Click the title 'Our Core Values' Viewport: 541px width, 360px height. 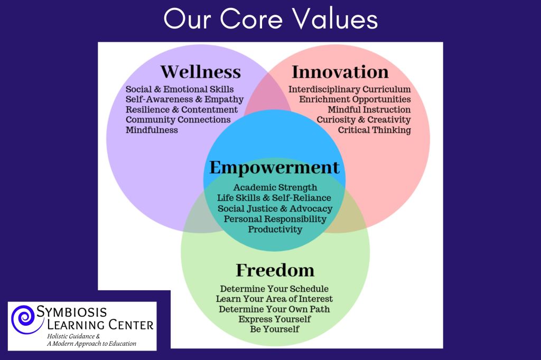[270, 20]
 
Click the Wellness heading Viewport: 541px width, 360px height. [200, 72]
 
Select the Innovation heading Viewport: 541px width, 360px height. [340, 72]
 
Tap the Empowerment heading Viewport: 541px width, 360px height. [274, 168]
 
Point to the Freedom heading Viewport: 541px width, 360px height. [275, 270]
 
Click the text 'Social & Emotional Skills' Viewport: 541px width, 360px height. [180, 89]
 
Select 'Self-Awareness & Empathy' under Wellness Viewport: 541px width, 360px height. [184, 99]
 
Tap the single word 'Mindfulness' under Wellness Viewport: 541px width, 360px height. [152, 130]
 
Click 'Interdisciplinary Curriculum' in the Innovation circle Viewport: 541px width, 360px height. [349, 89]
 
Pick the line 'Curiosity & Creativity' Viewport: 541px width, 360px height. [363, 120]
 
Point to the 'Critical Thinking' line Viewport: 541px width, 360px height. [374, 130]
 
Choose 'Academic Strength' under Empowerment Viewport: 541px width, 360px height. [275, 187]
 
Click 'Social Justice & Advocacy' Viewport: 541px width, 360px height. [275, 209]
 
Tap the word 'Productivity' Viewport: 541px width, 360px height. [275, 230]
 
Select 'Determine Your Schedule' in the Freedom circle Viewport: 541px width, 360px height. [274, 289]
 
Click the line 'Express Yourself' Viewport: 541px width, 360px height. [274, 319]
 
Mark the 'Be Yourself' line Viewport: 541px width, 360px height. [274, 329]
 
